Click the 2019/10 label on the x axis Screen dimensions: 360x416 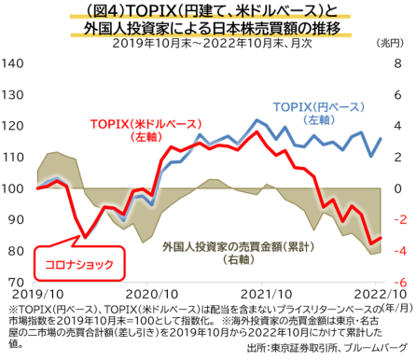[36, 292]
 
